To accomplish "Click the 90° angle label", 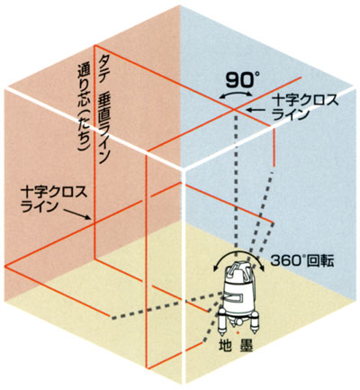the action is (242, 81).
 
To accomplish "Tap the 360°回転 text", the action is (302, 261).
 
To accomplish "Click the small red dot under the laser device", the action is (238, 333).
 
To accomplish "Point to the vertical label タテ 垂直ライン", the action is (103, 109).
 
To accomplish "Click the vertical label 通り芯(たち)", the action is (84, 106).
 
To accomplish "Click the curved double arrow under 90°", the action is (235, 92).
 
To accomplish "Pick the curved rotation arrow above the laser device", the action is (238, 252).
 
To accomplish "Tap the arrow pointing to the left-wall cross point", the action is (78, 214).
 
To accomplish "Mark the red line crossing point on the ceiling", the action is (234, 109).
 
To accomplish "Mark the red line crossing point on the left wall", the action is (94, 223).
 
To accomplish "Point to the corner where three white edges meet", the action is (184, 170).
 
